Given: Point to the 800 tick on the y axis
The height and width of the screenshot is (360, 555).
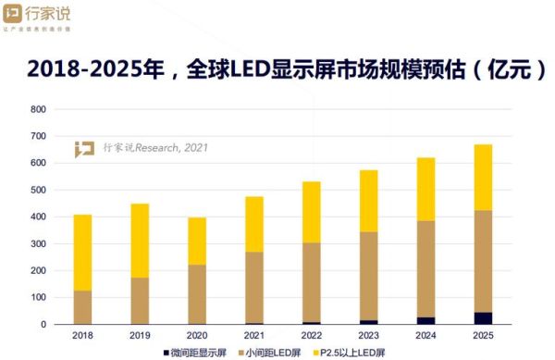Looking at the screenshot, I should [x=38, y=109].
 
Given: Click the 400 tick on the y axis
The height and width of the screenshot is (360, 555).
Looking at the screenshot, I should [x=38, y=217].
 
